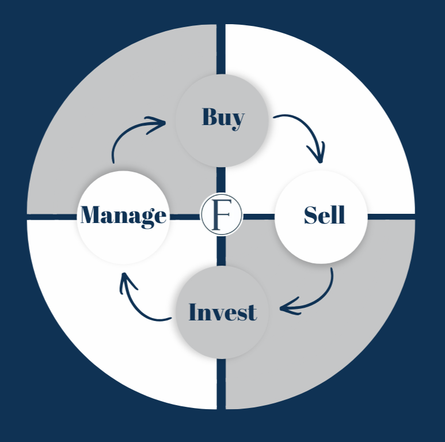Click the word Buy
point(223,117)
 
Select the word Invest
point(222,312)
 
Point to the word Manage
point(123,215)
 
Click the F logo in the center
point(221,215)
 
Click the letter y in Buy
point(237,119)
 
